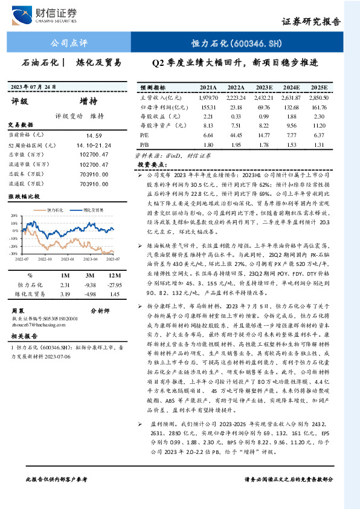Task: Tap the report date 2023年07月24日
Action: tap(35, 86)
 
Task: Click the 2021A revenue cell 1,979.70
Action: tap(207, 97)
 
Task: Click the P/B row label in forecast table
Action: tap(145, 145)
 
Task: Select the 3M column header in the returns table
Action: tap(91, 275)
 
